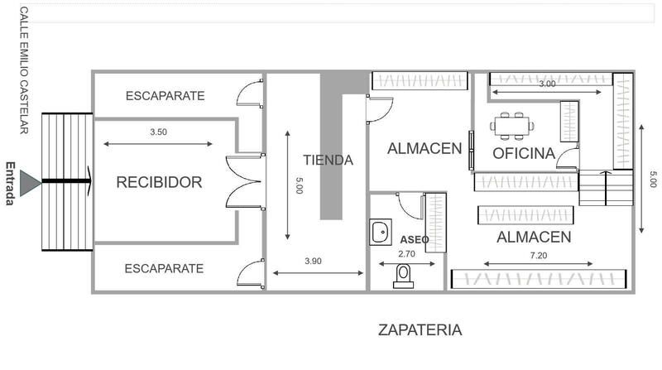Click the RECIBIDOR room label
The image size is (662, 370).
point(159,182)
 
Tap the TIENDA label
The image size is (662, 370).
point(328,160)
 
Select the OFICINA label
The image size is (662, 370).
point(524,153)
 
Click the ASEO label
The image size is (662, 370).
point(415,240)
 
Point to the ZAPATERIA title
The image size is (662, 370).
point(420,330)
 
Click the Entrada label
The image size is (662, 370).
point(11,183)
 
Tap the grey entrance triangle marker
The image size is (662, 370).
point(31,183)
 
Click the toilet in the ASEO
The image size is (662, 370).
point(403,276)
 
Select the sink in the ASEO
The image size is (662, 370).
point(381,232)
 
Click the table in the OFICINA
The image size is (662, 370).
point(511,126)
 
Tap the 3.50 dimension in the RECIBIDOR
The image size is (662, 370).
point(158,132)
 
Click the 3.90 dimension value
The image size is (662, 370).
point(313,261)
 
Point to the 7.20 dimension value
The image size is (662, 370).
point(539,255)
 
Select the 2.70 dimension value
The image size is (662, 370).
point(406,254)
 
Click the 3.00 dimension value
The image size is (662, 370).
point(547,84)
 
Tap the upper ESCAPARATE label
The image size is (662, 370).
point(165,96)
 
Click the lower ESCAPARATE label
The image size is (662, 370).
point(164,269)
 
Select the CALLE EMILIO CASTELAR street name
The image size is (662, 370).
point(24,70)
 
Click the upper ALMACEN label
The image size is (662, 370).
point(425,149)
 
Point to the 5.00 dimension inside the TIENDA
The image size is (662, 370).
point(299,185)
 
